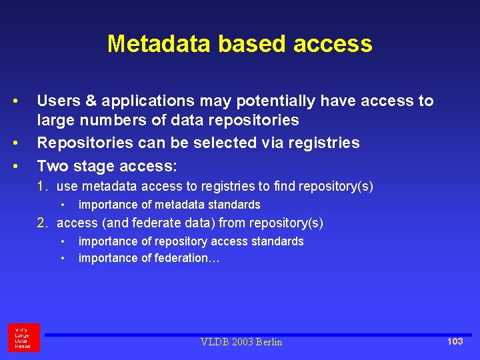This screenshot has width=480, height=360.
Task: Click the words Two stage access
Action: pyautogui.click(x=107, y=165)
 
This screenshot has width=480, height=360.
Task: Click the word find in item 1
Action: pyautogui.click(x=283, y=186)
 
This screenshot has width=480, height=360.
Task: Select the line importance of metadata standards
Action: pyautogui.click(x=169, y=205)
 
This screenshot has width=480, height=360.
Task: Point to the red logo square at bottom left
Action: pyautogui.click(x=24, y=337)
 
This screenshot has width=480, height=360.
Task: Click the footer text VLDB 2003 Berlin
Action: pyautogui.click(x=241, y=342)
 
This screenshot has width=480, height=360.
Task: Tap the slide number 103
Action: pyautogui.click(x=455, y=341)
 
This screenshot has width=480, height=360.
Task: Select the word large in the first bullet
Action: pyautogui.click(x=57, y=121)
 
